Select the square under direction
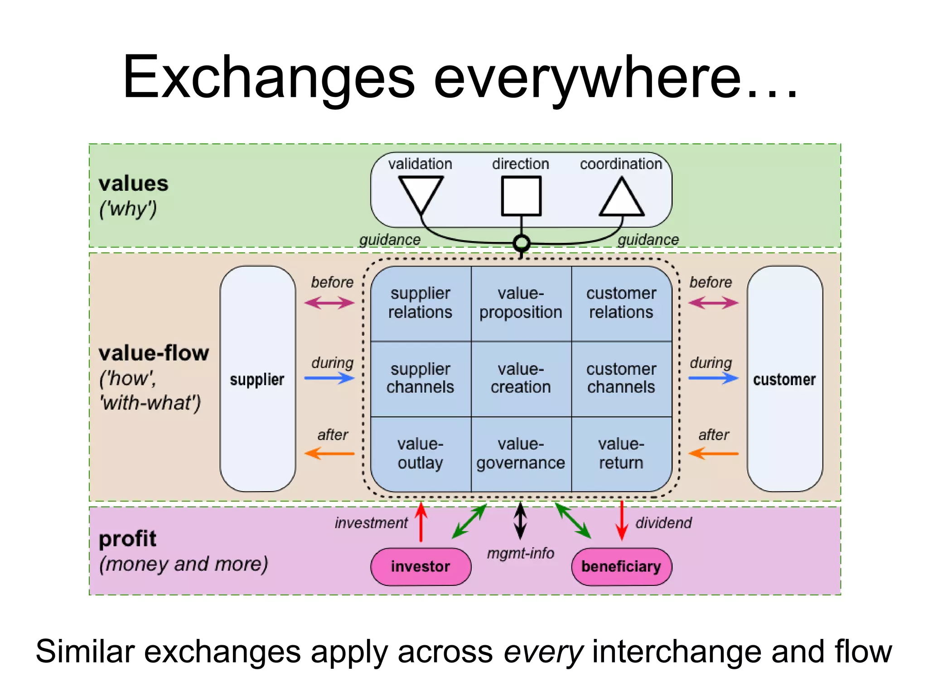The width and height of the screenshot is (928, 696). tap(521, 196)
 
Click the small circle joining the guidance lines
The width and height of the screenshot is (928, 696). tap(522, 243)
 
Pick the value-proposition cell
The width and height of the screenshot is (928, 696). tap(521, 303)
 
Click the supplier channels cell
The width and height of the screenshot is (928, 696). tap(420, 378)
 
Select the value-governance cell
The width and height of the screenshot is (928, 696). tap(521, 454)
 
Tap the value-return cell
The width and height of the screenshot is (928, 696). tap(621, 454)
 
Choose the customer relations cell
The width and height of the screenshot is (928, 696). tap(621, 303)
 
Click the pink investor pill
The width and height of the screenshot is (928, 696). tap(420, 566)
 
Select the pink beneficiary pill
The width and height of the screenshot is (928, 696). tap(621, 566)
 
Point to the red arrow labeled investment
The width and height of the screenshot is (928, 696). tap(421, 522)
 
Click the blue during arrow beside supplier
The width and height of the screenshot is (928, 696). tap(329, 378)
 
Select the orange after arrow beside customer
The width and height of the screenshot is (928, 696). tap(713, 453)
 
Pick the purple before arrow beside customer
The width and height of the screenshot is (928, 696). tap(713, 303)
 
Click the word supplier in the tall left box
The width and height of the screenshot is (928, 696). tap(257, 379)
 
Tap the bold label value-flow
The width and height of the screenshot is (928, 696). tap(154, 353)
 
